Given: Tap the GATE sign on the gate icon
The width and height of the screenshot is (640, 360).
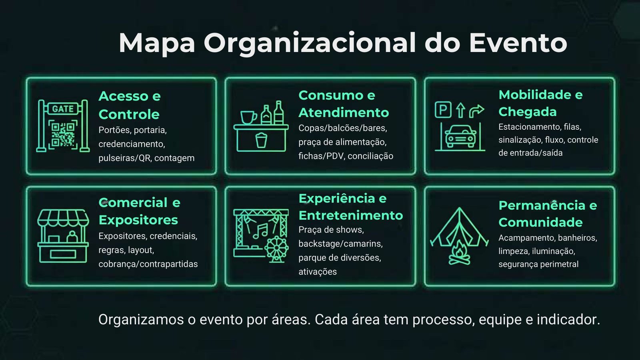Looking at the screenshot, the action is [63, 108].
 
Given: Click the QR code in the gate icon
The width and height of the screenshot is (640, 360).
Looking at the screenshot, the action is [63, 135].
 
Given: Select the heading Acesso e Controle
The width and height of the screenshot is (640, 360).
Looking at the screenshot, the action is [130, 105].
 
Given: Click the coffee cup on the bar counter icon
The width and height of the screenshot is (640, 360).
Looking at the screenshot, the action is [248, 118].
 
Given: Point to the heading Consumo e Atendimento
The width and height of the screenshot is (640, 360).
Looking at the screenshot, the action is [344, 104].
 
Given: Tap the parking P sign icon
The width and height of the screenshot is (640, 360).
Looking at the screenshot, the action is [443, 110].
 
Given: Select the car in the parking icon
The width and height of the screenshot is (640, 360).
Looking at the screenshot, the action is [460, 136].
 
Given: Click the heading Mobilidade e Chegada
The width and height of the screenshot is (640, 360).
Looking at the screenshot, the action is [540, 103].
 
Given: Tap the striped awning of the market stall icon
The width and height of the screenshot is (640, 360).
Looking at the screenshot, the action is [63, 218].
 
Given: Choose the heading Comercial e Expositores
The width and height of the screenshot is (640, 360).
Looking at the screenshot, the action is [140, 211].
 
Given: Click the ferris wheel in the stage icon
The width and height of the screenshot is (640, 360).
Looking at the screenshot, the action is [276, 249].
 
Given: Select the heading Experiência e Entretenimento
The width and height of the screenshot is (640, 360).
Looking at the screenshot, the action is [351, 207].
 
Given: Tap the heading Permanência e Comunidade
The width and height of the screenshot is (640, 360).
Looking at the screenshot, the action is [548, 214].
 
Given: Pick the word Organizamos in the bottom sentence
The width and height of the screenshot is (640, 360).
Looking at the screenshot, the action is [141, 320].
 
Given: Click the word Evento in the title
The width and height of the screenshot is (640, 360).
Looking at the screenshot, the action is [518, 43].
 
